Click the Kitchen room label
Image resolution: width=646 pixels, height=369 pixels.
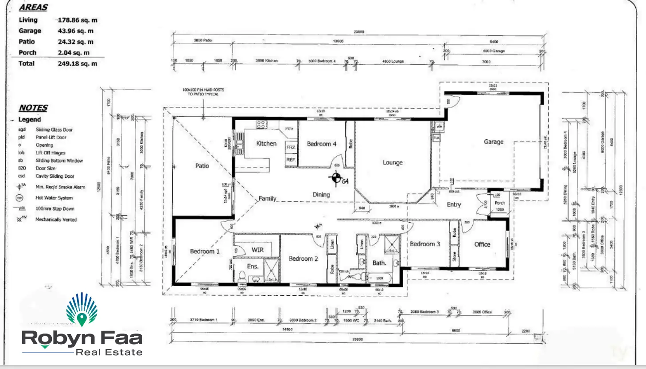click(x=266, y=144)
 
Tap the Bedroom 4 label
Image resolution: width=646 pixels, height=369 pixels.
click(x=322, y=144)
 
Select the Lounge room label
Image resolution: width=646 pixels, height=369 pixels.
click(x=393, y=162)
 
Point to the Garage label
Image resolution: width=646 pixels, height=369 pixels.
click(x=494, y=142)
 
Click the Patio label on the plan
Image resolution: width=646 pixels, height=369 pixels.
click(x=202, y=165)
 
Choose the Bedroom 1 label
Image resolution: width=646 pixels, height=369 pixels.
click(x=205, y=251)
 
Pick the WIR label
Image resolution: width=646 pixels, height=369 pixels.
click(x=257, y=250)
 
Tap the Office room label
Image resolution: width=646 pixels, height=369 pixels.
click(x=482, y=244)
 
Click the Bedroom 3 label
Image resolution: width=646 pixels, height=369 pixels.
click(x=424, y=244)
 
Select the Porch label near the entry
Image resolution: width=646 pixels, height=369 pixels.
click(x=500, y=203)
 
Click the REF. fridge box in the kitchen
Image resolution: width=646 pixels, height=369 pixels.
click(x=291, y=160)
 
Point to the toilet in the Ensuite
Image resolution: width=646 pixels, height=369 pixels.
click(x=242, y=276)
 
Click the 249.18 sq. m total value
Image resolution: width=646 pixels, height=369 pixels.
click(x=78, y=64)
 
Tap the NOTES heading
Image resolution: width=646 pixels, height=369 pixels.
click(x=33, y=108)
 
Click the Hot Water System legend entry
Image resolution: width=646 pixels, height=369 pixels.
click(x=54, y=198)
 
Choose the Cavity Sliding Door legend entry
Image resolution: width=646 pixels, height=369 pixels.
click(x=55, y=176)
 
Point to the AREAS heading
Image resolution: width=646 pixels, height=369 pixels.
click(x=33, y=8)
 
